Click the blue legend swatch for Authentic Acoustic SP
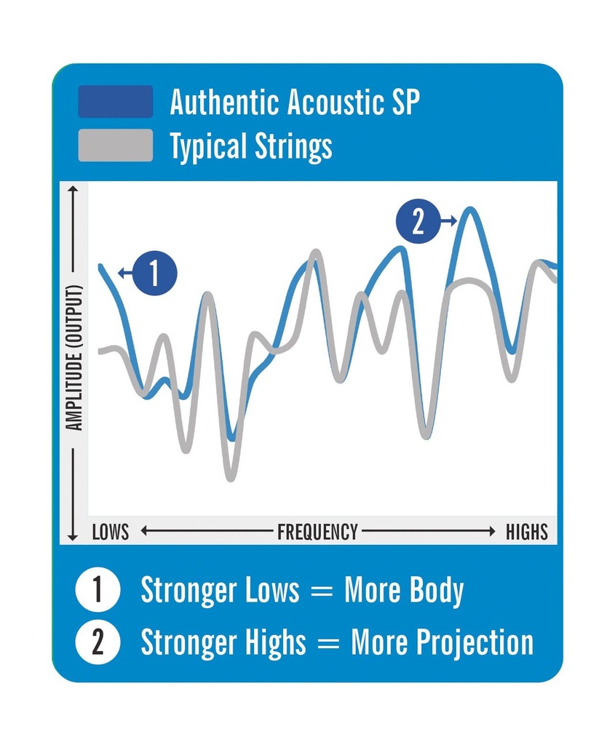click(x=115, y=102)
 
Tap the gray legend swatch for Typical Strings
click(x=115, y=146)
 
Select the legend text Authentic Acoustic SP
click(x=295, y=103)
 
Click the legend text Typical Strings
click(x=251, y=146)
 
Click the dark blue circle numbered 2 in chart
click(x=417, y=221)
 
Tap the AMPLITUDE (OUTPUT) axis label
click(x=74, y=357)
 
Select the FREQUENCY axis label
click(x=317, y=532)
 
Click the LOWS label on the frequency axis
click(x=111, y=532)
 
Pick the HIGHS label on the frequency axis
click(x=526, y=532)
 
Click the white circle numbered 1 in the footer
click(x=98, y=591)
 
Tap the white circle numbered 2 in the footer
click(x=98, y=642)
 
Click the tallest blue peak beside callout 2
click(x=470, y=210)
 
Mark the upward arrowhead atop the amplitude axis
click(x=72, y=190)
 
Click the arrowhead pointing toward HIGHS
click(x=493, y=532)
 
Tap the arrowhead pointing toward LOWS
click(x=143, y=532)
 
